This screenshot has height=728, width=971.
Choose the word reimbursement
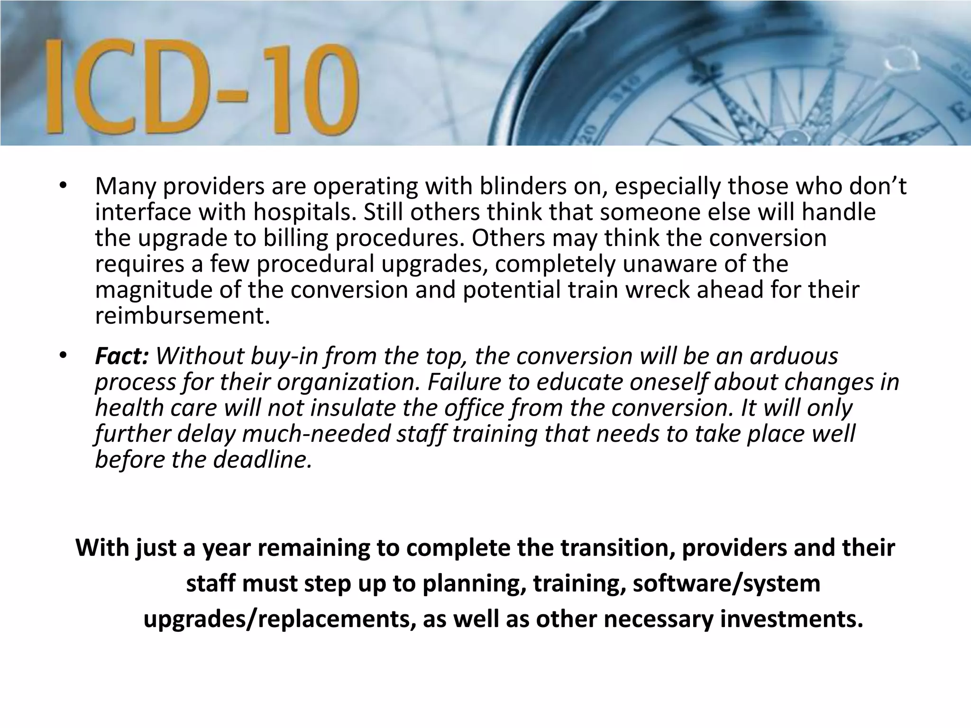coord(183,316)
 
